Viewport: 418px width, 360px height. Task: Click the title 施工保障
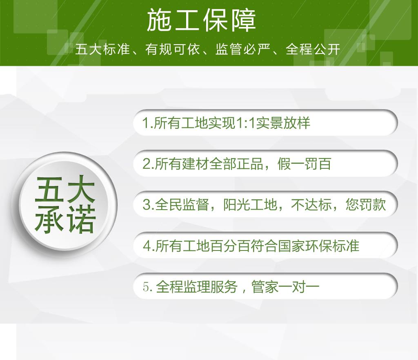(x=201, y=20)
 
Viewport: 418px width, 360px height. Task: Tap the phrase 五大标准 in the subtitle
(x=102, y=49)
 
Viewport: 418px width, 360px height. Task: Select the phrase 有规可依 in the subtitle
(x=173, y=49)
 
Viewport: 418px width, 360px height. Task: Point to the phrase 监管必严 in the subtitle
(x=243, y=49)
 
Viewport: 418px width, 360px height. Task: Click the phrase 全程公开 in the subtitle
(x=313, y=49)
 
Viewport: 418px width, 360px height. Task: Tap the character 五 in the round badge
(x=50, y=190)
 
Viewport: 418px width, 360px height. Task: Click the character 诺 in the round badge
(x=81, y=219)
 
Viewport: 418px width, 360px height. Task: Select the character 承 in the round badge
(x=50, y=219)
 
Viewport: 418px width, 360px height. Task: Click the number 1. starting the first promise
(x=148, y=123)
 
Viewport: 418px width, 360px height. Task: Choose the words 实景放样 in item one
(x=283, y=123)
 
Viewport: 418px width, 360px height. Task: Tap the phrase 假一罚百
(x=304, y=164)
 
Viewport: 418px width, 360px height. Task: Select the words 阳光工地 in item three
(x=250, y=205)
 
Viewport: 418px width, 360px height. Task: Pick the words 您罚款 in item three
(x=366, y=205)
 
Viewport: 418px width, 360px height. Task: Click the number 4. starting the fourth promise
(x=149, y=246)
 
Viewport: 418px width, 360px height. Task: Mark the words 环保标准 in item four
(x=332, y=246)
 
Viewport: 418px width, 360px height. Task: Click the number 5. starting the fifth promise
(x=148, y=287)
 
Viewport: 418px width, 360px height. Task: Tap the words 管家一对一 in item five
(x=285, y=287)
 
